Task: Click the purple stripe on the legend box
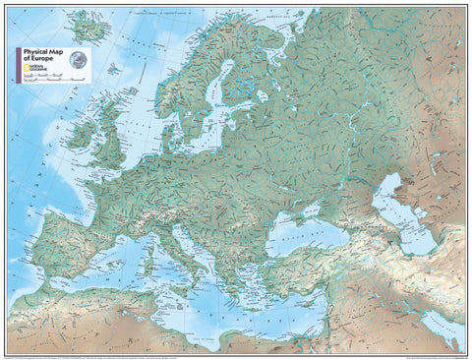click(16, 63)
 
